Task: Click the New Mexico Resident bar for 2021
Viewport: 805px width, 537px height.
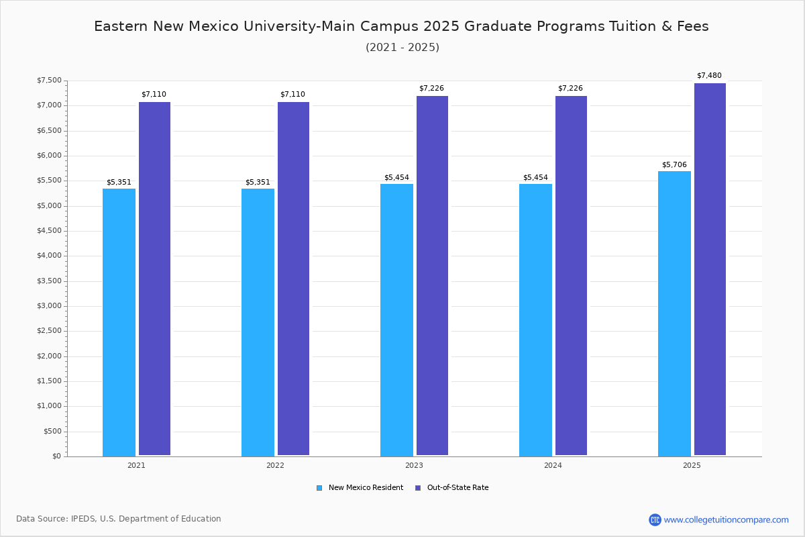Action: [x=119, y=322]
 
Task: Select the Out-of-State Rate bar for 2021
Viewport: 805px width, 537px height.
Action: [x=154, y=279]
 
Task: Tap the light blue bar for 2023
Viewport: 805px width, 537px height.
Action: [x=396, y=320]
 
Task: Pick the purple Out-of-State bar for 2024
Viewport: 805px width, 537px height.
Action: [x=571, y=275]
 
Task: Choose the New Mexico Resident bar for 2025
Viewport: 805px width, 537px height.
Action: [x=674, y=313]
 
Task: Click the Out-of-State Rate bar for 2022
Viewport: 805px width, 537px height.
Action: [x=293, y=279]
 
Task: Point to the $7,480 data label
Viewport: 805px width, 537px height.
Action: [x=709, y=76]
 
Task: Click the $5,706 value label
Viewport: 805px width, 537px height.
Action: [x=674, y=165]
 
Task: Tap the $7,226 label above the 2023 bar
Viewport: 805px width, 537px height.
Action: [x=431, y=89]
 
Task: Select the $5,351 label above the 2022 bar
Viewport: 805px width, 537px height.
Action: [x=258, y=183]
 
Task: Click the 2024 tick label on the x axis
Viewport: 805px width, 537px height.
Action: [x=553, y=465]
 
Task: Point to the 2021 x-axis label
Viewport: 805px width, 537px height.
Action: [x=136, y=465]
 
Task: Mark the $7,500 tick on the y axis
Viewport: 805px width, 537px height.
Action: [x=49, y=81]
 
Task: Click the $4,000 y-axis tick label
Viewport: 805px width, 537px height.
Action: [x=49, y=256]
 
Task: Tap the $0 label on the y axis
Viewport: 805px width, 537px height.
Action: [x=56, y=456]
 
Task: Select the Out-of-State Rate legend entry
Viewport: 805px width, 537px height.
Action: [x=457, y=488]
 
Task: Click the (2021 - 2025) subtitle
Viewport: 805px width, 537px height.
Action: [x=402, y=48]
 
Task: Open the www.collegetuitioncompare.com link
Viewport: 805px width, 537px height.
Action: [x=726, y=520]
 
